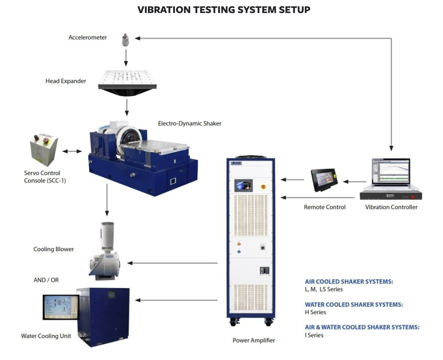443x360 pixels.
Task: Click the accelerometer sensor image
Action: click(x=125, y=39)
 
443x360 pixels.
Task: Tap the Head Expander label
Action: click(x=66, y=81)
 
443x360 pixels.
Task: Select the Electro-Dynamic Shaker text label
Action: click(x=190, y=124)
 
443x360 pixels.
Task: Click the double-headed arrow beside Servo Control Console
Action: click(x=72, y=151)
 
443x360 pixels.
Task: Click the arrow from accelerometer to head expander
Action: click(x=126, y=57)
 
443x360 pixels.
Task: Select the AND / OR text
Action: click(x=46, y=280)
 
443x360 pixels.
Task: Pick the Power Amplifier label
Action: click(x=254, y=340)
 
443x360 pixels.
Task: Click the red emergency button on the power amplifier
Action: click(x=264, y=187)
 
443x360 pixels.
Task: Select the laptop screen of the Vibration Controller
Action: click(x=390, y=173)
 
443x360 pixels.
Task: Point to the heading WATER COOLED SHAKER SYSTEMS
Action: click(x=354, y=305)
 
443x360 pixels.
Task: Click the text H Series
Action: click(x=315, y=312)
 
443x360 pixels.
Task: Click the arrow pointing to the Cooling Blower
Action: click(x=172, y=263)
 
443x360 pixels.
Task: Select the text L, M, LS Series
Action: click(x=324, y=289)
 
